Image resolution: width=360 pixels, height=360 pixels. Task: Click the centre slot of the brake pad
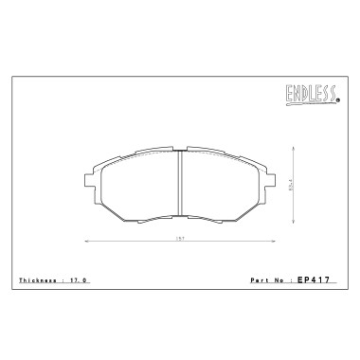[x=180, y=185]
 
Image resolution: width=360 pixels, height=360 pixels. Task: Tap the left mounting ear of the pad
[x=88, y=179]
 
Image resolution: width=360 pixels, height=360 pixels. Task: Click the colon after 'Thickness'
[x=64, y=281]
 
